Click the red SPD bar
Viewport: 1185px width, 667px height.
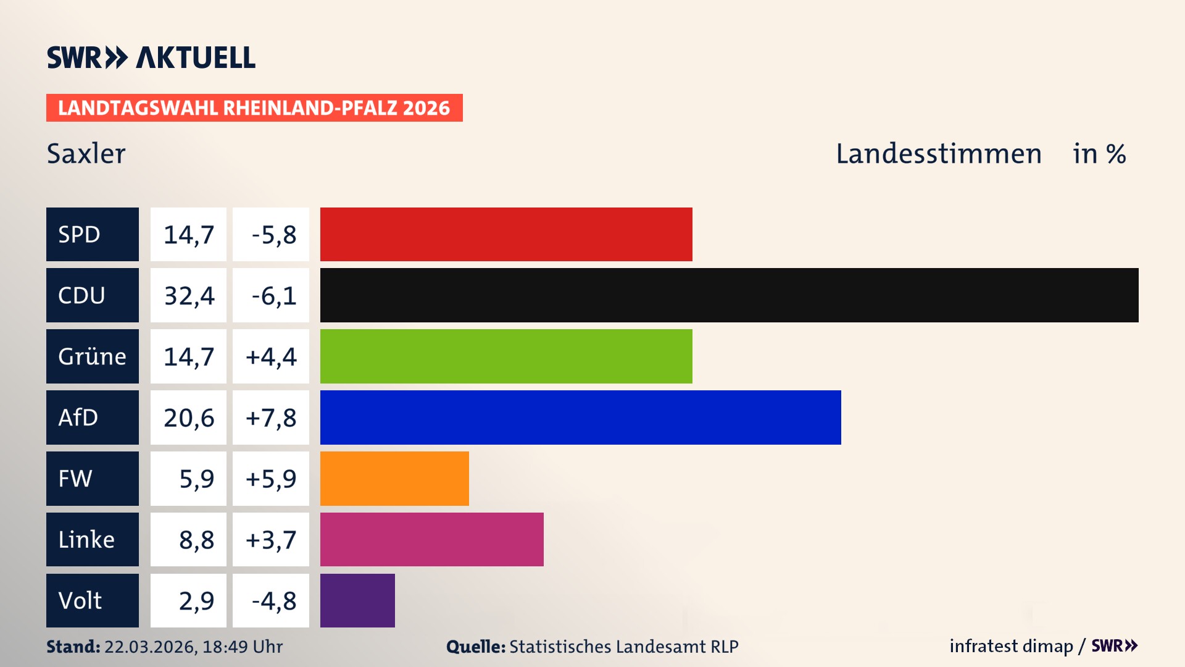point(506,234)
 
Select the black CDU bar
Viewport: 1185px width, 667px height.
point(729,295)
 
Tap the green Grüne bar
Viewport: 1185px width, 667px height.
point(506,356)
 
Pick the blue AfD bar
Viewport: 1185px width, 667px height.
point(580,417)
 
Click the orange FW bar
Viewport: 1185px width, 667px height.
point(394,479)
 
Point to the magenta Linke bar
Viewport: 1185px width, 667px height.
point(431,539)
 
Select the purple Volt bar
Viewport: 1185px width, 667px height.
point(357,600)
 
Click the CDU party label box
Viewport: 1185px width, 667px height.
point(93,295)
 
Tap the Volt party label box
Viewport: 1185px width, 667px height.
point(93,600)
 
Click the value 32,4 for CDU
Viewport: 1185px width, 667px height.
point(189,296)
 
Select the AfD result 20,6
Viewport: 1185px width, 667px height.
point(189,418)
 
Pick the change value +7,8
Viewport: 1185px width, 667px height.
point(271,418)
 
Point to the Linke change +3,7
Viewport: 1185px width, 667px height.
point(271,540)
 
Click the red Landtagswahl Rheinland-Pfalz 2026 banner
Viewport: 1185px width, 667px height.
point(254,108)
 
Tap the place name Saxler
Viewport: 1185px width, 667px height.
point(86,154)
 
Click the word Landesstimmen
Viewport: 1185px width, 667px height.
point(938,154)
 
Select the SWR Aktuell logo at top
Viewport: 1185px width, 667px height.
point(151,57)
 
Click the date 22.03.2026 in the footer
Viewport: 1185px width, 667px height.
point(150,647)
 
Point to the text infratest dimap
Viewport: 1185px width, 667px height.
point(1011,646)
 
